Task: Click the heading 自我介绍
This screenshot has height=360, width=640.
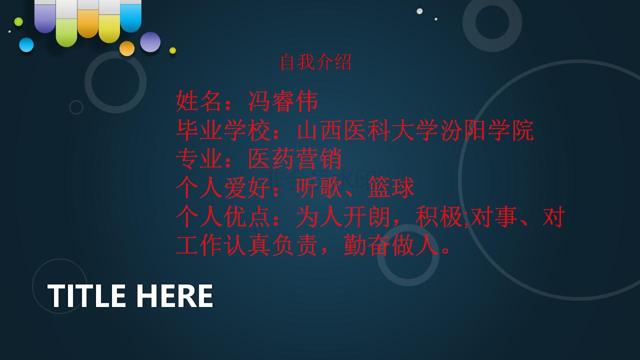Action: coord(315,62)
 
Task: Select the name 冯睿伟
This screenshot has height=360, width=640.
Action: coord(283,101)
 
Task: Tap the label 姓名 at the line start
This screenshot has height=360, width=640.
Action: coord(198,101)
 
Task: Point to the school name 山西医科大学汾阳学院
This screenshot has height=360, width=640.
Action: coord(415,130)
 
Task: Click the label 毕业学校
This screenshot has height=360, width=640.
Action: coord(223,130)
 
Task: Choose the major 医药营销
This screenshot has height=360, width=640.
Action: coord(295,159)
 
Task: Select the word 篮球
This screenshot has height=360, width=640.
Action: coord(391,187)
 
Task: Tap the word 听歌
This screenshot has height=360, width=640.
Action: coord(319,187)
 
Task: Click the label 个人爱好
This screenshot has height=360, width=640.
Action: coord(223,187)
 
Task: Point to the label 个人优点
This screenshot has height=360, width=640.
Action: coord(223,216)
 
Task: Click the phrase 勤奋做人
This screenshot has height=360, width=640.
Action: coord(391,245)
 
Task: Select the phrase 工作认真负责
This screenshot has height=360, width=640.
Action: coord(247,245)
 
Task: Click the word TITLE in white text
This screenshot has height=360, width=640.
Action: coord(86,295)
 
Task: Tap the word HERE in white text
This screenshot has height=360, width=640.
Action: coord(175,295)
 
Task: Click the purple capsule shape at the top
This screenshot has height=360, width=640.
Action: coord(45,16)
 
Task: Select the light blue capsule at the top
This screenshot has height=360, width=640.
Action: coord(130,16)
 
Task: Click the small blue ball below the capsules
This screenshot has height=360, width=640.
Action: coord(26,45)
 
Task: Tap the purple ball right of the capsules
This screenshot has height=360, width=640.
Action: coord(150,42)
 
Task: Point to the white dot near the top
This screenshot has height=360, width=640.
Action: coord(419,11)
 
